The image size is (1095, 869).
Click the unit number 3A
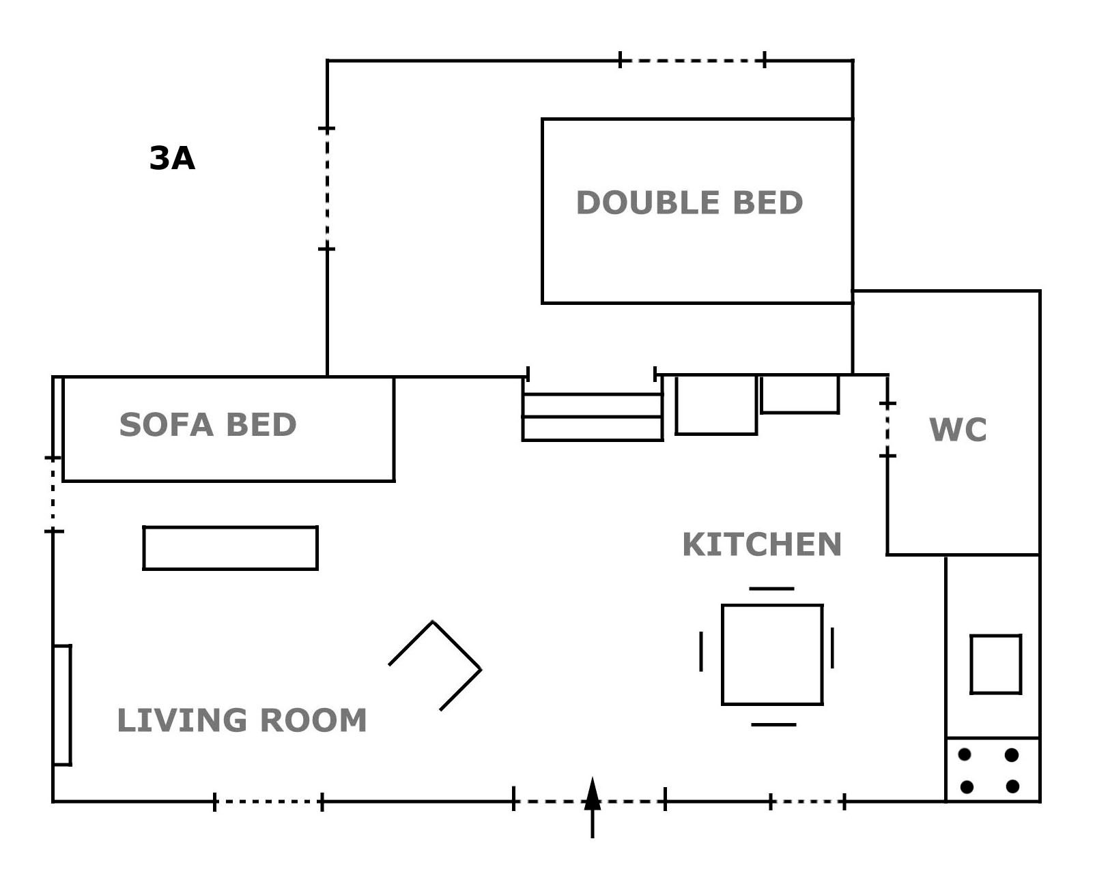coord(172,158)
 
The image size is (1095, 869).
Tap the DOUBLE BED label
coord(689,203)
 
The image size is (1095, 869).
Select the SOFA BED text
coord(208,424)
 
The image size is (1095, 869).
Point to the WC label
coord(958,430)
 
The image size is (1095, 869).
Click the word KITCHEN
coord(762,544)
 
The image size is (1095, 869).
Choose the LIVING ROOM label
coord(242,720)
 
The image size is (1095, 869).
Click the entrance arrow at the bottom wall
coord(593,808)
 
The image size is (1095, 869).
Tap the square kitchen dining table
coord(772,655)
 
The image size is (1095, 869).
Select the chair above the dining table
coord(771,589)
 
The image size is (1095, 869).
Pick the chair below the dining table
coord(773,724)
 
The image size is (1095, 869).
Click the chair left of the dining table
coord(701,651)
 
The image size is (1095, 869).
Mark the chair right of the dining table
coord(832,648)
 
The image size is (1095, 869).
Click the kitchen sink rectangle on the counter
coord(996,664)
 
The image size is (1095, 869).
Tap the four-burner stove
coord(993,769)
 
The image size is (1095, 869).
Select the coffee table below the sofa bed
coord(231,548)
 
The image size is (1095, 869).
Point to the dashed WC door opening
coord(887,430)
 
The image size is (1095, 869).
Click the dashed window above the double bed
coord(692,61)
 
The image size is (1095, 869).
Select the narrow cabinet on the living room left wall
coord(62,705)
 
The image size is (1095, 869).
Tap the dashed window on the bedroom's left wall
coord(327,189)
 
